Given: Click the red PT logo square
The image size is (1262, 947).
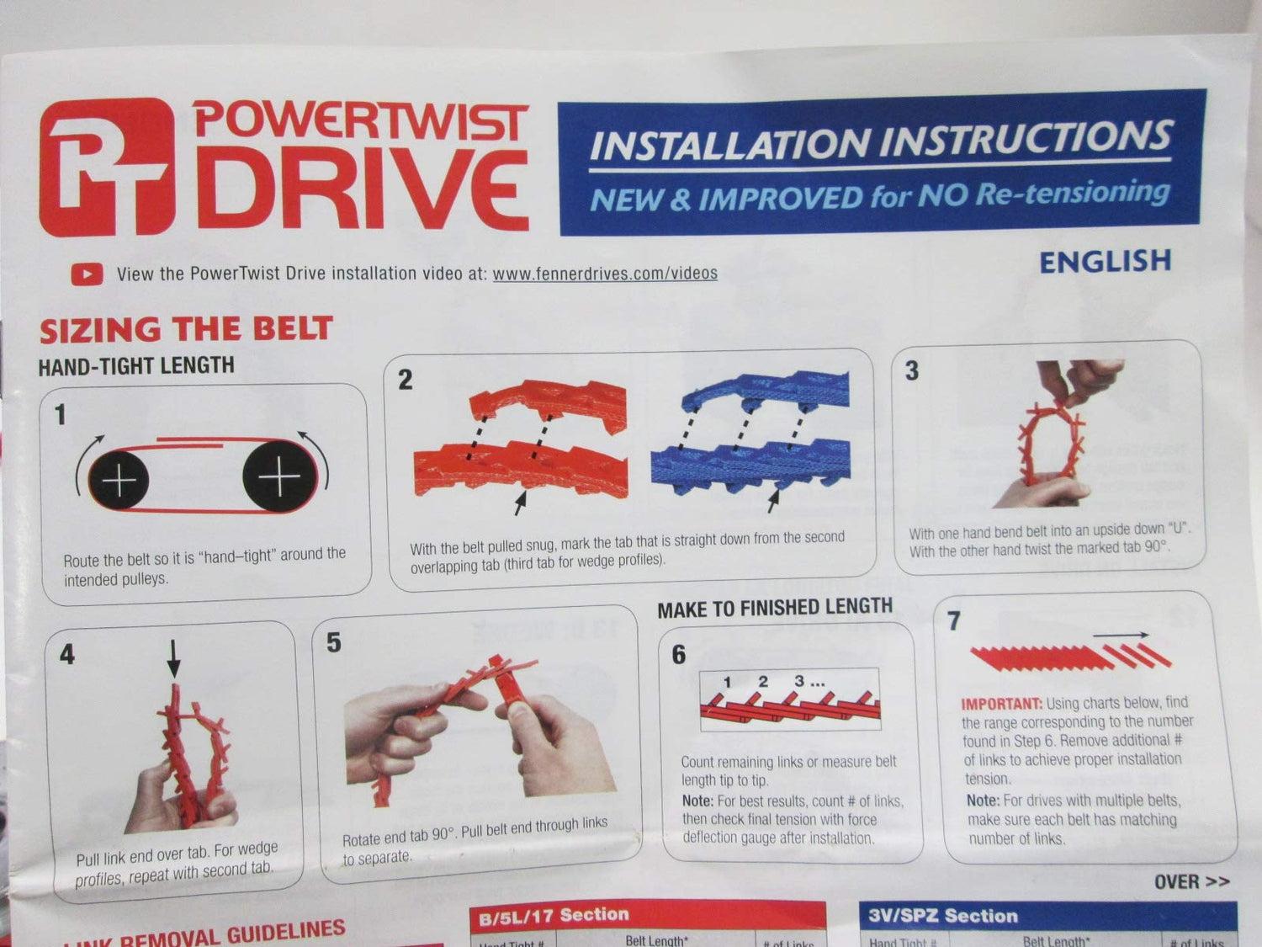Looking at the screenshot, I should tap(107, 167).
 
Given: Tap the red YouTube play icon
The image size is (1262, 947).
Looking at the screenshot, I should tap(87, 274).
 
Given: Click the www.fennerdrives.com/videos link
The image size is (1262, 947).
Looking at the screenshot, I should tap(604, 273).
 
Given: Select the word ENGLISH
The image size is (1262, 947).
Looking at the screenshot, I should tap(1105, 262).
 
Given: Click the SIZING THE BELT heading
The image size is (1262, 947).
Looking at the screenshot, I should tap(186, 329).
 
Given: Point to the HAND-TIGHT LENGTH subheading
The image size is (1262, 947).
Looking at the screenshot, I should tap(136, 365).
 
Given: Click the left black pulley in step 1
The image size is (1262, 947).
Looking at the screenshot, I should tap(119, 480).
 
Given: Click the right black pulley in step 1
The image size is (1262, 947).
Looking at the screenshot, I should tap(278, 477).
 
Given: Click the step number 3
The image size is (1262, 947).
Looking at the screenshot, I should tap(912, 371).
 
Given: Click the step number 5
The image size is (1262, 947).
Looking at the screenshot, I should tap(334, 643).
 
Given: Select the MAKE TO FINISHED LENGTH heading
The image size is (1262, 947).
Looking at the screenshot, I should tap(774, 608).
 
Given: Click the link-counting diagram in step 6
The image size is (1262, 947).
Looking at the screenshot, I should tap(789, 700).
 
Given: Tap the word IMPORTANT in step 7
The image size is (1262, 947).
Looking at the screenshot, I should tap(1001, 704).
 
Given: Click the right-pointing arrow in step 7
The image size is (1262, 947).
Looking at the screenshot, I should tap(1121, 636).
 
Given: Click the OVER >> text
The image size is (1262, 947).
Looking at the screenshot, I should tap(1191, 881).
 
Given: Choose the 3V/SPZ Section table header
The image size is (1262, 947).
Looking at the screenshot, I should tap(943, 916).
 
